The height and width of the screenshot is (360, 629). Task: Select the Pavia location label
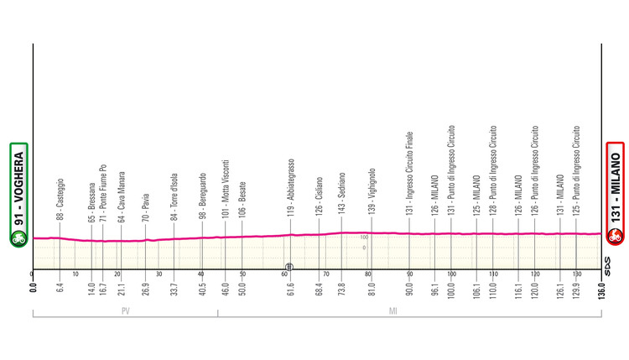click(146, 210)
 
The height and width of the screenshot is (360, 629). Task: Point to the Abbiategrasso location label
click(291, 189)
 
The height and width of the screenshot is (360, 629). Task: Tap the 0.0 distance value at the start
click(33, 292)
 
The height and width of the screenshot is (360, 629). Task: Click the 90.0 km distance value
click(409, 291)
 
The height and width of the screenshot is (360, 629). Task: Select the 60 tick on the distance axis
click(285, 274)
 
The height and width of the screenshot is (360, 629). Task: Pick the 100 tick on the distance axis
click(451, 274)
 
